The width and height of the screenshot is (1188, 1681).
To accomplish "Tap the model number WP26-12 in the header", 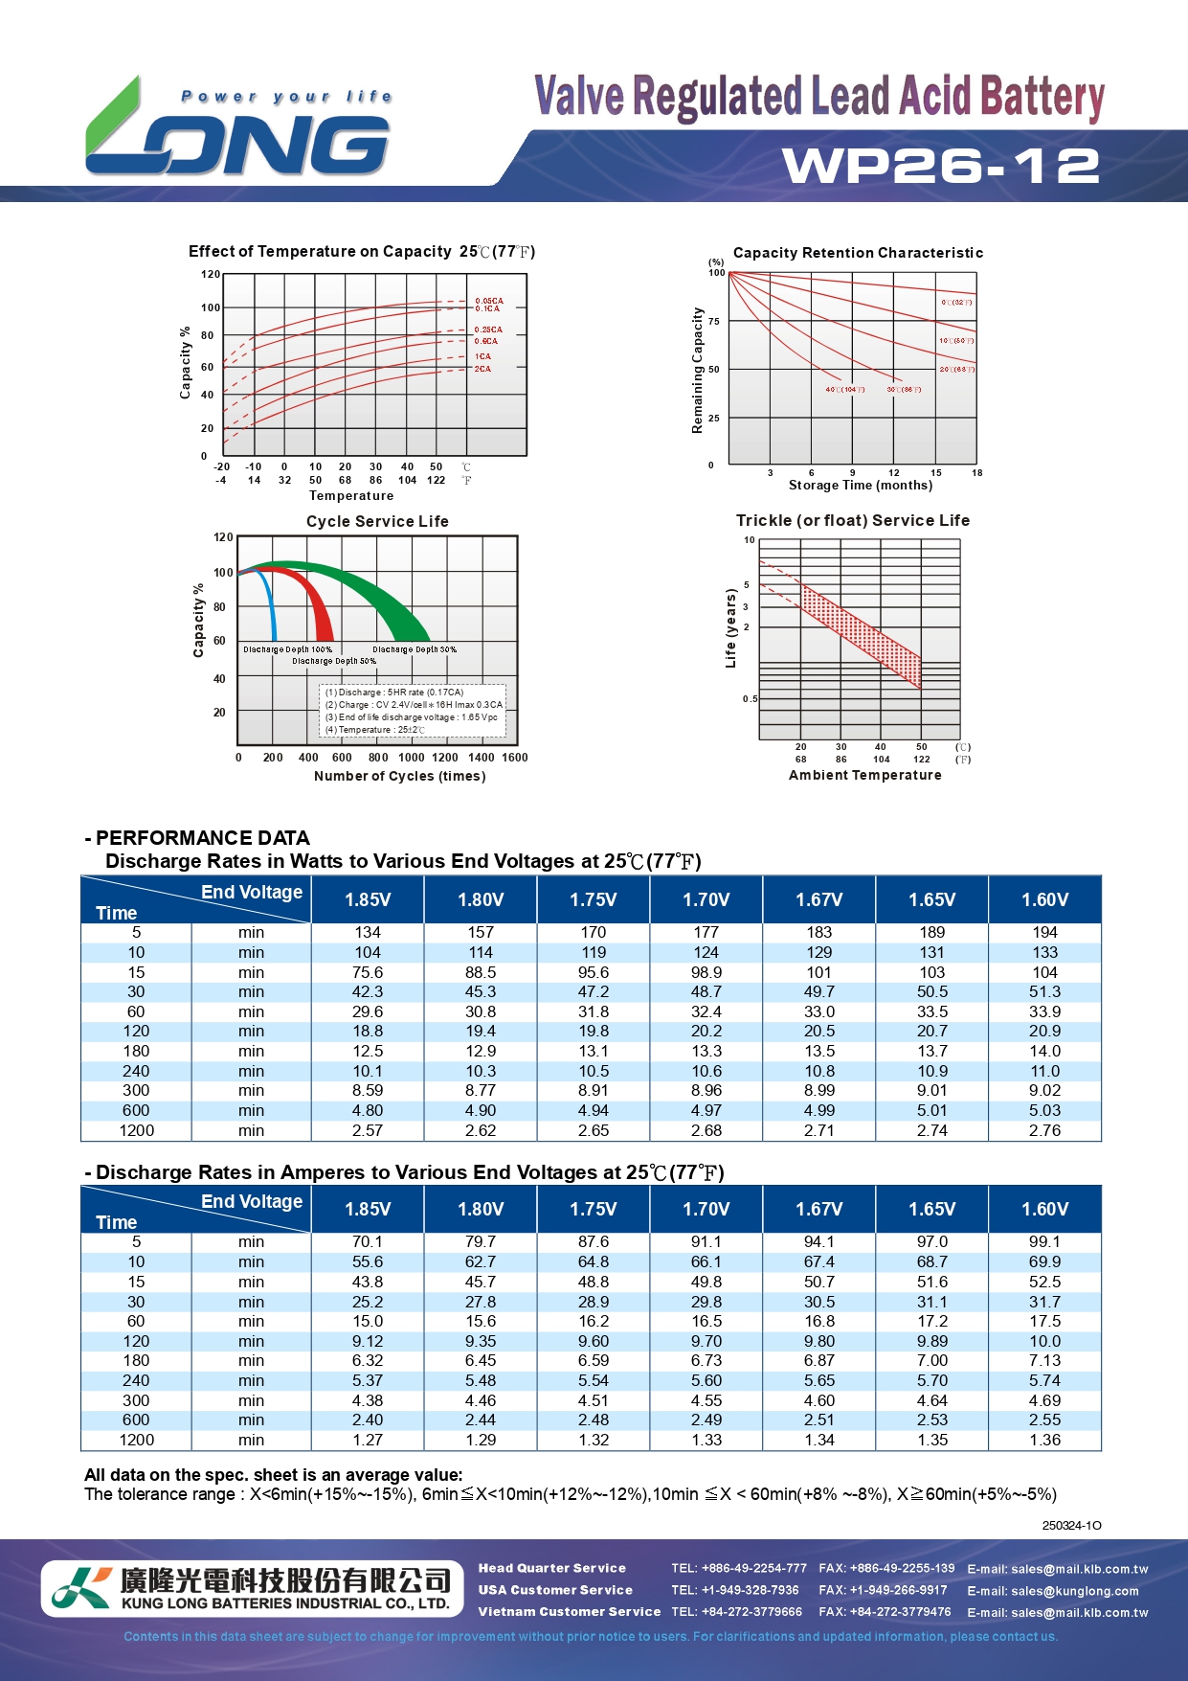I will [941, 166].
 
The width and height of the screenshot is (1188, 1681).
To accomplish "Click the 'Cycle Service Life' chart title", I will [377, 521].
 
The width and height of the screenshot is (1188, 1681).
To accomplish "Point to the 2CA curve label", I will [482, 369].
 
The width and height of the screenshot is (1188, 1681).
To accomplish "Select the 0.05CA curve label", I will [488, 301].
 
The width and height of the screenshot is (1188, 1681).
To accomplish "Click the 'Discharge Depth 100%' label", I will [287, 649].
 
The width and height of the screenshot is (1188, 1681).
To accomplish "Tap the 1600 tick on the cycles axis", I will [515, 758].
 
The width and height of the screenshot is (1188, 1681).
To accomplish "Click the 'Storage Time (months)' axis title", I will [860, 486].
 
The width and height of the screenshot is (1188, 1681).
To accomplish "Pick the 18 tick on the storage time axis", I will [976, 473].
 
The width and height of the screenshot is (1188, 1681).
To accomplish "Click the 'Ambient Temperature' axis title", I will [864, 775].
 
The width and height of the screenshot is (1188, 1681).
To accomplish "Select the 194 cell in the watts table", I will [1044, 932].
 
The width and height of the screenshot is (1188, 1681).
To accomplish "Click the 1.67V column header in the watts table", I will [819, 899].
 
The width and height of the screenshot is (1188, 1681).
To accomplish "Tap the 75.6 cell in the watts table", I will [368, 972].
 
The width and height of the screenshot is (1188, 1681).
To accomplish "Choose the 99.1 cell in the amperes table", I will [1044, 1241].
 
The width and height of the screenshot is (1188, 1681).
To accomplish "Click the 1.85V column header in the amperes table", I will [368, 1209].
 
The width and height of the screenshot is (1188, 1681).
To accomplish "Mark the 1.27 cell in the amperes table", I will [368, 1440].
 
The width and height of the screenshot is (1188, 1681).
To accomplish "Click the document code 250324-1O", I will [1071, 1525].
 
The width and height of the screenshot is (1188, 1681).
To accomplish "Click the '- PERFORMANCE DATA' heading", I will [198, 838].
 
